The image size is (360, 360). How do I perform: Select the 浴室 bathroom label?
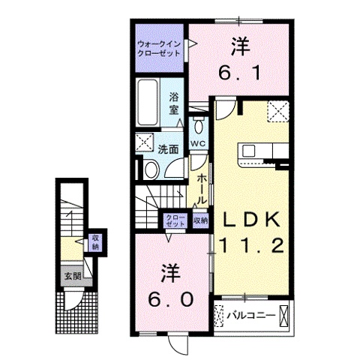click(173, 103)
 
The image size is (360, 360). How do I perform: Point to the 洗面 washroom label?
click(167, 149)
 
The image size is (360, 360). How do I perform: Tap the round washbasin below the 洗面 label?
click(148, 170)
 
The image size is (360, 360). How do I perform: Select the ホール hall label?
click(202, 188)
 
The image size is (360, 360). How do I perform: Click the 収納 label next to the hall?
click(199, 220)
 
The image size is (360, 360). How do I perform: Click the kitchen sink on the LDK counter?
click(249, 151)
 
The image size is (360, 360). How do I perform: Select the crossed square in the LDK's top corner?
click(280, 112)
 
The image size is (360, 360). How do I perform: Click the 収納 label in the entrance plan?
click(94, 243)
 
